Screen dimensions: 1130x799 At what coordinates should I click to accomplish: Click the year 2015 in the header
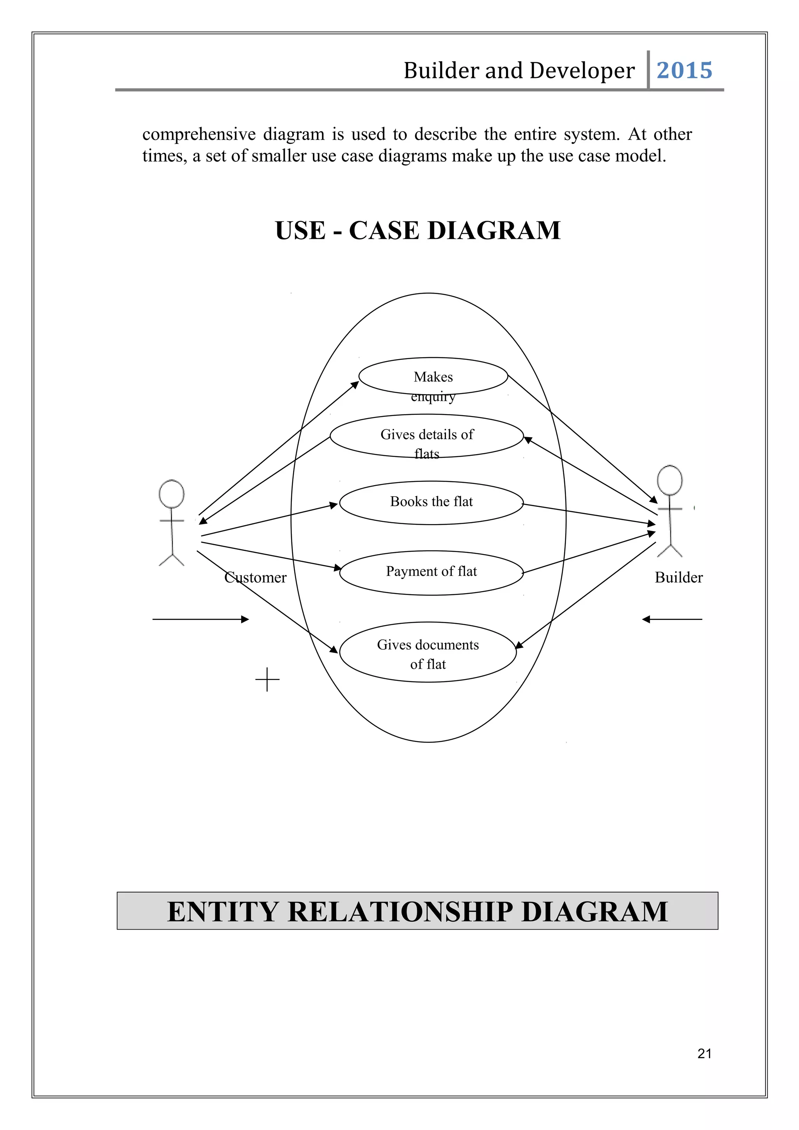[x=684, y=70]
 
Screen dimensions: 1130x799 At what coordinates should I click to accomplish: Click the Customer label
[x=255, y=577]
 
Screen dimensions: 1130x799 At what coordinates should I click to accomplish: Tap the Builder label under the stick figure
[x=678, y=577]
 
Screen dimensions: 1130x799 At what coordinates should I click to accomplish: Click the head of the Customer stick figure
[x=171, y=494]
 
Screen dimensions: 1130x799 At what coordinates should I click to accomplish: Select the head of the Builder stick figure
[x=670, y=480]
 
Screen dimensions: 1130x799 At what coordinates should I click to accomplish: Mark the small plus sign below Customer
[x=267, y=680]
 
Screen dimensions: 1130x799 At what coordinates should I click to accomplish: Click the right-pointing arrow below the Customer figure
[x=201, y=619]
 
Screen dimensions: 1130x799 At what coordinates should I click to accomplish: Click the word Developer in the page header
[x=582, y=70]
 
